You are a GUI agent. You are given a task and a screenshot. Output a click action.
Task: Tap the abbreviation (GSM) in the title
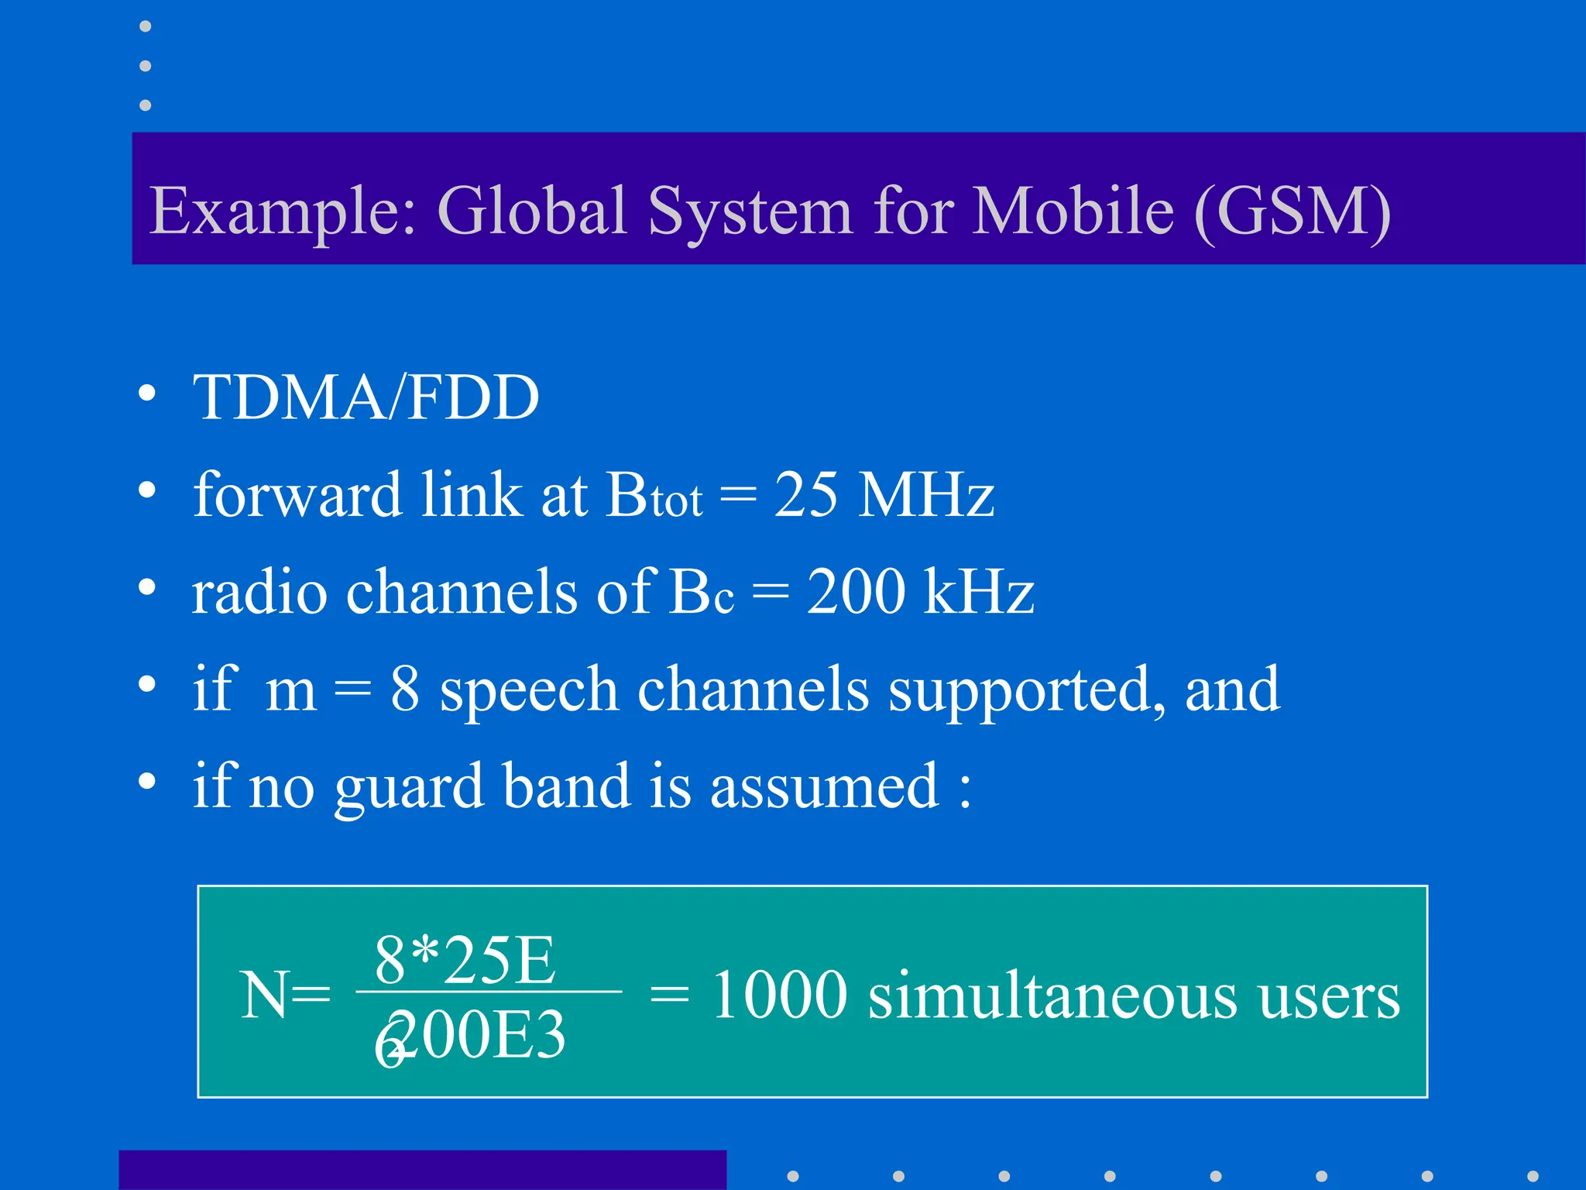click(x=1292, y=211)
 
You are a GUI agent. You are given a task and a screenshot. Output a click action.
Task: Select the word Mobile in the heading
click(x=1073, y=211)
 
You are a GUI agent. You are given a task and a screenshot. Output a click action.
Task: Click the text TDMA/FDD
click(x=366, y=397)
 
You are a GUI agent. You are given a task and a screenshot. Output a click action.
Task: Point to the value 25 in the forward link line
click(x=805, y=494)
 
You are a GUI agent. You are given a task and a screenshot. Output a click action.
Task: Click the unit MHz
click(x=927, y=494)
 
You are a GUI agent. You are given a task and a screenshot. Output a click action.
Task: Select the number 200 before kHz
click(x=855, y=591)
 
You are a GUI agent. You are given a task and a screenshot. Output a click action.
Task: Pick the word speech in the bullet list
click(x=528, y=689)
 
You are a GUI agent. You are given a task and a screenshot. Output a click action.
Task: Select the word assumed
click(x=825, y=786)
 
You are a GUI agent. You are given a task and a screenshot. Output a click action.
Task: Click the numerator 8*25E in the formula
click(x=465, y=960)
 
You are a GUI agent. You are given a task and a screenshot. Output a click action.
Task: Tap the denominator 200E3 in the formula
click(x=476, y=1035)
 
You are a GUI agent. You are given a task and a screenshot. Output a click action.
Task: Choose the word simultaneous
click(x=1052, y=995)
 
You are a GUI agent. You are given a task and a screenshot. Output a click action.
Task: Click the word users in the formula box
click(x=1329, y=996)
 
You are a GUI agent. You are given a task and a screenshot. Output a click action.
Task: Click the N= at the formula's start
click(x=285, y=995)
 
